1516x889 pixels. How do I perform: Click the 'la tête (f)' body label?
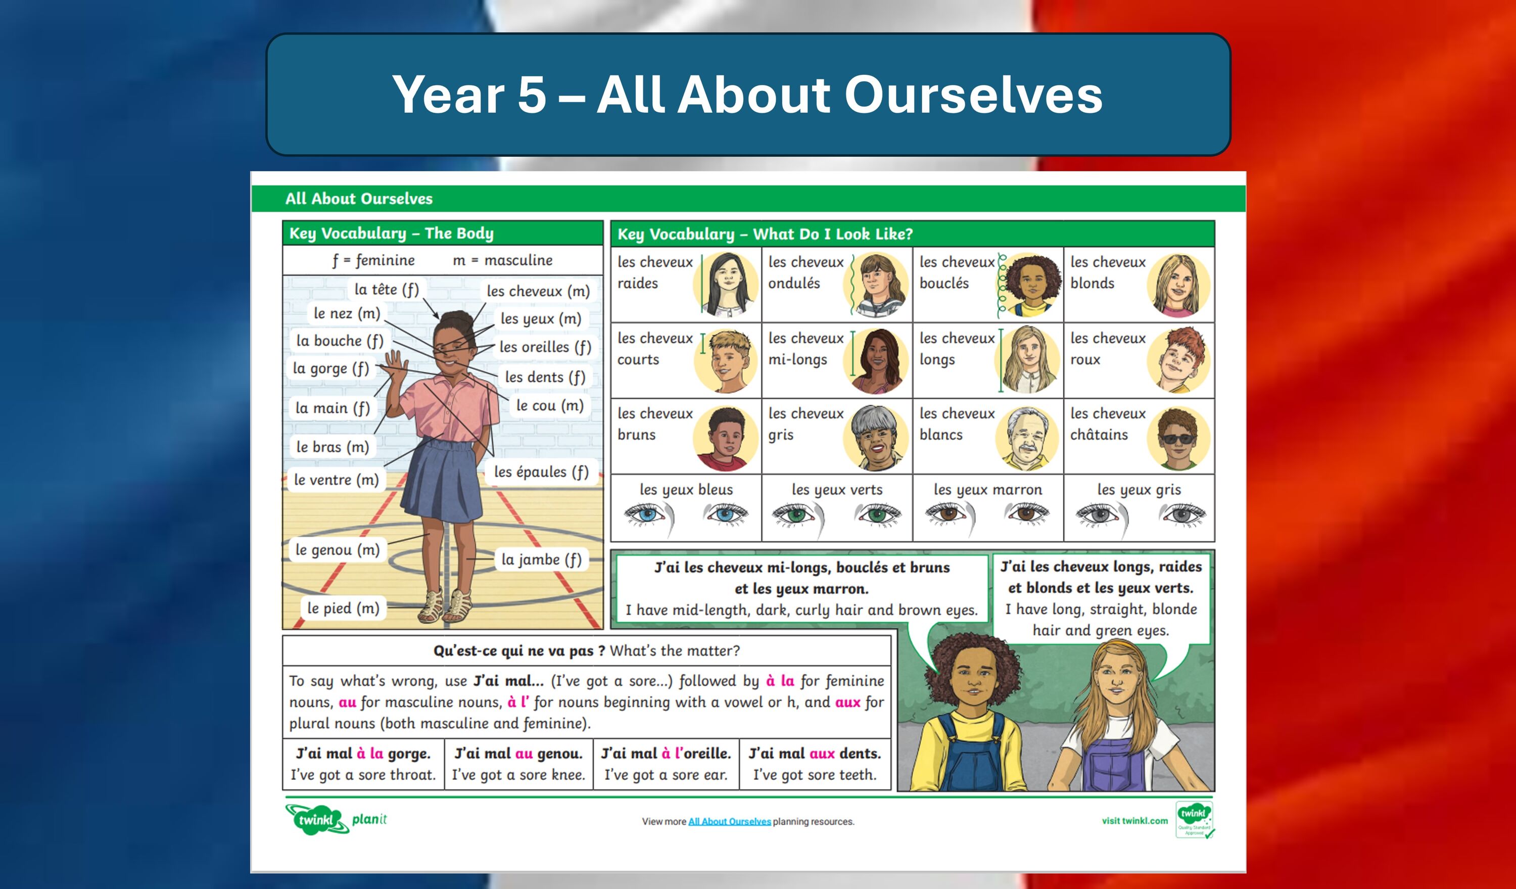386,289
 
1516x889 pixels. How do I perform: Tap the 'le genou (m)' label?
338,549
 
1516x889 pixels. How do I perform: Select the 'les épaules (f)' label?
541,472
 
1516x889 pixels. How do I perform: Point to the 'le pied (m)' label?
343,608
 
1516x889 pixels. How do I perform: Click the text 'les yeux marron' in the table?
988,490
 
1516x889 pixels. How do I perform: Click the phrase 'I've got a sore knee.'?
518,775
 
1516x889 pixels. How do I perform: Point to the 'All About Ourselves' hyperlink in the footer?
729,822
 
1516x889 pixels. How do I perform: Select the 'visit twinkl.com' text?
1134,820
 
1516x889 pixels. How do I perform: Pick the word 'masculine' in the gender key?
518,260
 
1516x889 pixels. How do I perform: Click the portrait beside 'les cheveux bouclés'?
1032,285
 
